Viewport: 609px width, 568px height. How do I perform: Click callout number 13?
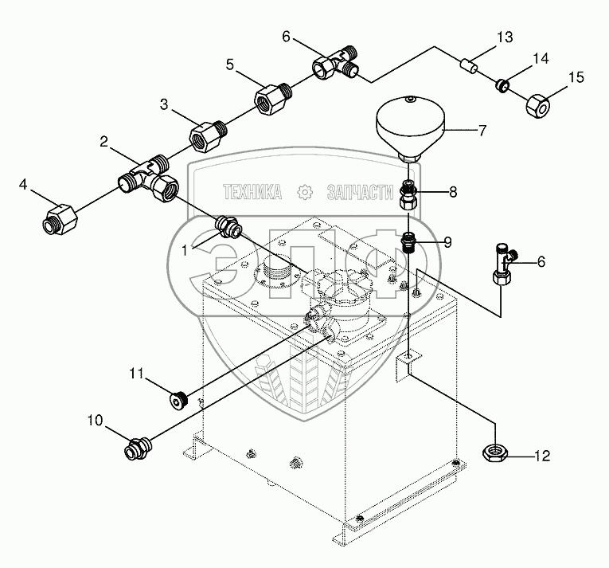click(506, 37)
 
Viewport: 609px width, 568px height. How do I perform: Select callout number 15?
click(576, 77)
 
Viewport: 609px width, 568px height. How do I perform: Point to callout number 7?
click(482, 131)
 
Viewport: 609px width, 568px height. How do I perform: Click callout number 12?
click(541, 456)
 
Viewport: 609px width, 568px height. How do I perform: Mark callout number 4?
click(23, 186)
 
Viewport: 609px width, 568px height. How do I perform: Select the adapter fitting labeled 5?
click(269, 100)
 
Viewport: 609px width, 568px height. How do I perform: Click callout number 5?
click(230, 65)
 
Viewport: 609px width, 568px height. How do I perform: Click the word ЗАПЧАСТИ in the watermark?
click(360, 192)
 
